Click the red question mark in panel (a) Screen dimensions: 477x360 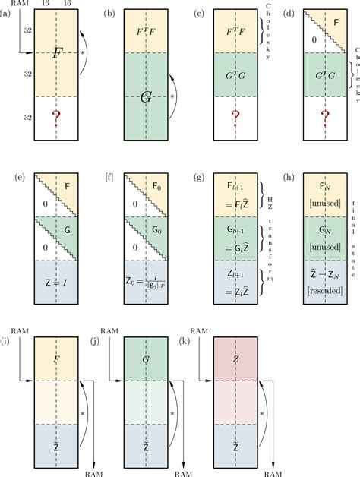click(55, 119)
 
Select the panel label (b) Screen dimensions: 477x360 click(109, 13)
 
